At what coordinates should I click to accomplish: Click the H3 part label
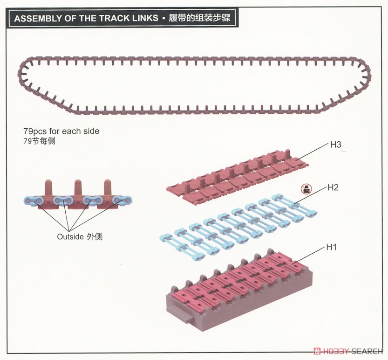tap(335, 145)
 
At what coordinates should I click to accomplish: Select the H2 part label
tap(333, 187)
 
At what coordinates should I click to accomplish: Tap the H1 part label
tap(332, 247)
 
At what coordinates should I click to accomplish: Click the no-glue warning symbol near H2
tap(306, 189)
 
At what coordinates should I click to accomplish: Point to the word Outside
tap(70, 236)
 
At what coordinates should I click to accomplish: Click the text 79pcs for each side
tap(61, 131)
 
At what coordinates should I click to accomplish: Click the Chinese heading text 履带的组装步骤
tap(199, 18)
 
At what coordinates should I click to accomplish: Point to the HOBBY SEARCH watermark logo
tap(347, 351)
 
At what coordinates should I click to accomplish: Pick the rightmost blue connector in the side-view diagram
tap(122, 200)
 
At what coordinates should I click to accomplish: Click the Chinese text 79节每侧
tap(39, 141)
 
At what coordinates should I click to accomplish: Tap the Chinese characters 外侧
tap(95, 236)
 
